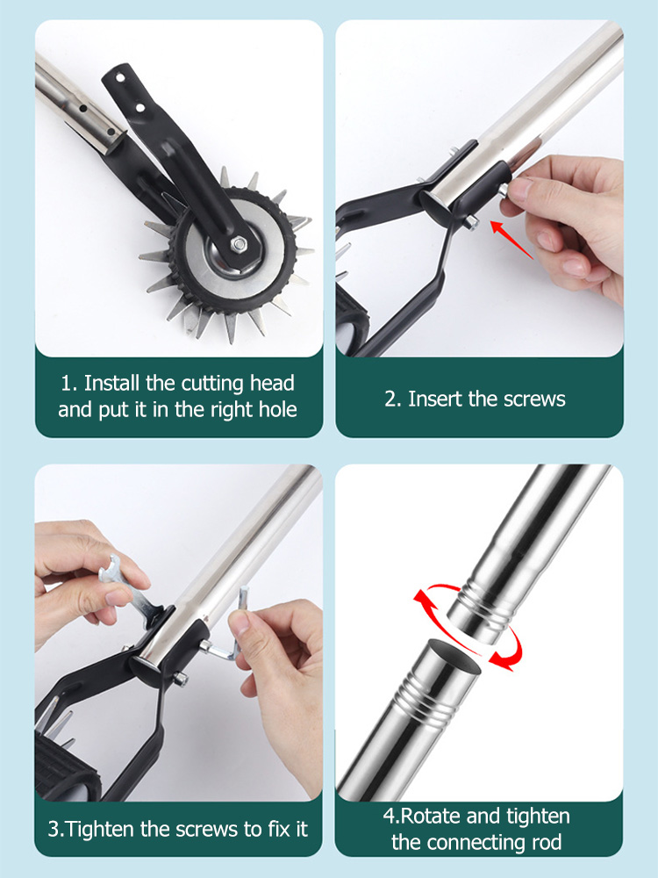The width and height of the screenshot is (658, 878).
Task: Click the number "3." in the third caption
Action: [x=57, y=829]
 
